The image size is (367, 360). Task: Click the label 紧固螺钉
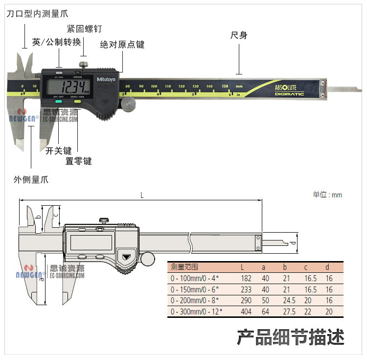click(x=84, y=29)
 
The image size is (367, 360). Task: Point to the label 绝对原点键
click(x=122, y=45)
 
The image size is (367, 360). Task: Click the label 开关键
click(x=59, y=151)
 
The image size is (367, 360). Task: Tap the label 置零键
click(x=78, y=161)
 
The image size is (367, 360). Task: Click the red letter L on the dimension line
click(x=142, y=195)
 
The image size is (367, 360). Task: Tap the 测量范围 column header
click(x=184, y=267)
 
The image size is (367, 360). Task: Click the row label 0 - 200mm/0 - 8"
click(x=195, y=301)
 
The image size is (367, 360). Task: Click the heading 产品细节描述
click(x=291, y=337)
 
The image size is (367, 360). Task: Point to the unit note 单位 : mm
click(x=327, y=195)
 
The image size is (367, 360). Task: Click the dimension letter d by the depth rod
click(x=292, y=243)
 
